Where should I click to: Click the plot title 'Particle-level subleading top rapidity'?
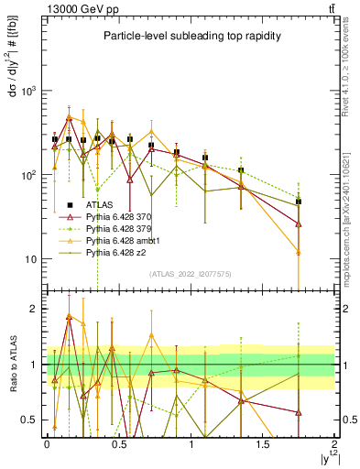[x=191, y=37]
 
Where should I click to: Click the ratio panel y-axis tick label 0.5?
[x=30, y=420]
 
